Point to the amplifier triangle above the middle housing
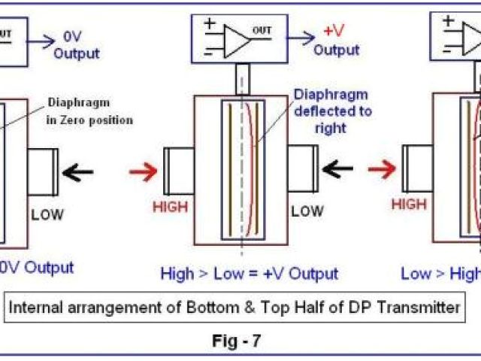[239, 38]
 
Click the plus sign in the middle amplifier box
[210, 24]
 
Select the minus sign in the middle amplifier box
[210, 51]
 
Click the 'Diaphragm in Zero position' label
[90, 111]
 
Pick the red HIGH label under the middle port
[170, 206]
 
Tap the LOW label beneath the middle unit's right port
[307, 212]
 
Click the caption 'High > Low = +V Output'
[250, 274]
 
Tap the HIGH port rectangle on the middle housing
[179, 170]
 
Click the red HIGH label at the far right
[409, 205]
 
